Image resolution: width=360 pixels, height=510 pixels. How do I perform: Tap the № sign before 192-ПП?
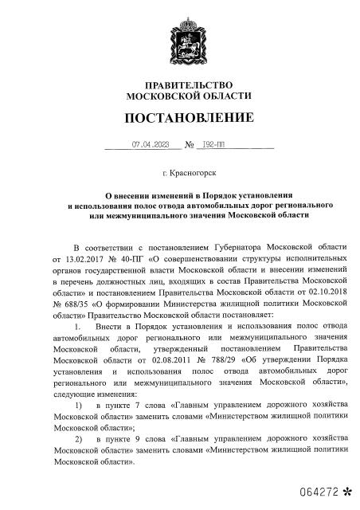190,146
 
